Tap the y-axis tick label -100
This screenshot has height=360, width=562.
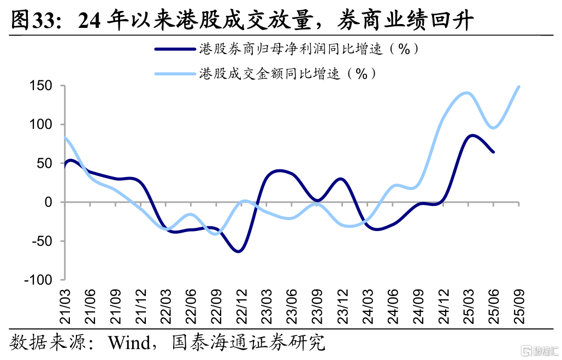37,280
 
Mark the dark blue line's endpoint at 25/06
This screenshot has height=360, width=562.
494,152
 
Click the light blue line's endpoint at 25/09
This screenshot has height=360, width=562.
519,86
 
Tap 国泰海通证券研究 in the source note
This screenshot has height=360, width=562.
248,343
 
